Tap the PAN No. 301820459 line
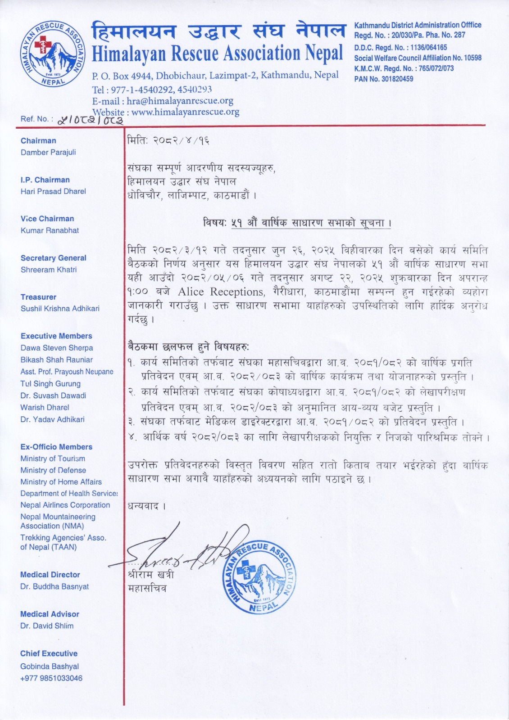(x=383, y=79)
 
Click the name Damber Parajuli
(x=48, y=152)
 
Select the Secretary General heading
(x=53, y=258)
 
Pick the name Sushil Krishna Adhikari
(x=60, y=308)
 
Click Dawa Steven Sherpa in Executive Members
(x=57, y=348)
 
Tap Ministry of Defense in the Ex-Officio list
(x=53, y=470)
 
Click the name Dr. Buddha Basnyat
(x=55, y=586)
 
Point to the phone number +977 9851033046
(x=51, y=678)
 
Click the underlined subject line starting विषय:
(x=297, y=223)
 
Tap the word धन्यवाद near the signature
(x=147, y=506)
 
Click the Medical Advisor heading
(x=50, y=614)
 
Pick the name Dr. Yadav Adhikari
(x=52, y=419)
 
